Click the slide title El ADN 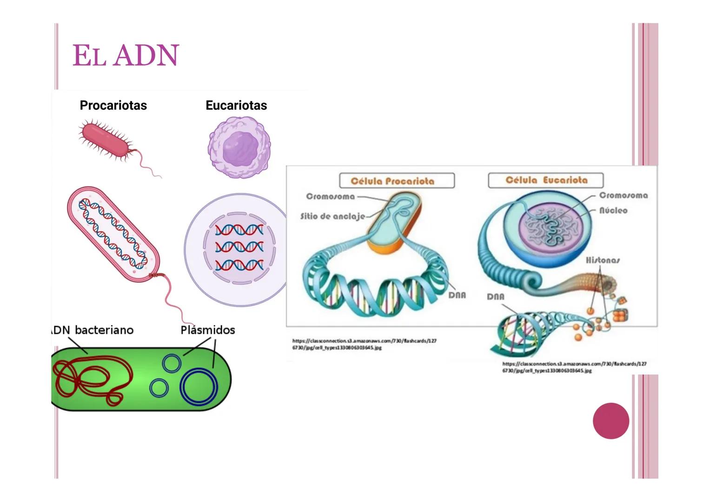[x=126, y=56]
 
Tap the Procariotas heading [x=113, y=106]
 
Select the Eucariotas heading [x=236, y=106]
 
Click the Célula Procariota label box [x=397, y=181]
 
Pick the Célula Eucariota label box [x=545, y=180]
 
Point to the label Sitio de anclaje [x=332, y=216]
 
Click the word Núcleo [x=613, y=211]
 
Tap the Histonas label [x=603, y=260]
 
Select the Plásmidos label [x=207, y=330]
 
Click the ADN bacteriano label [x=93, y=330]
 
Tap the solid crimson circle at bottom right [x=611, y=421]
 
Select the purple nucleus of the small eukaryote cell [x=239, y=147]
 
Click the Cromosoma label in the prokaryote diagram [x=330, y=197]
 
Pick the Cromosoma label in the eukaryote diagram [x=623, y=195]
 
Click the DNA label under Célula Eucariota [x=496, y=297]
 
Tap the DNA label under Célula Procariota [x=457, y=295]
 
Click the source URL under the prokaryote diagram [x=364, y=344]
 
